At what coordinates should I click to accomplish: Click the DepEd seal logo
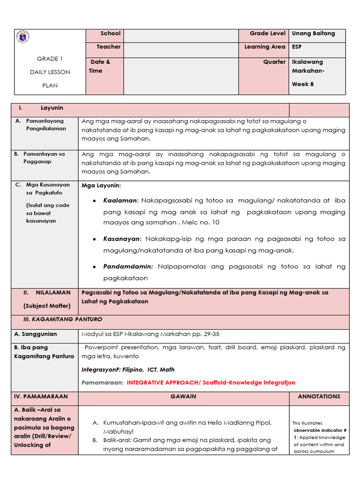(22, 37)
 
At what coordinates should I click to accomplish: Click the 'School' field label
(110, 34)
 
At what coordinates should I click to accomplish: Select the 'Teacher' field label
(108, 47)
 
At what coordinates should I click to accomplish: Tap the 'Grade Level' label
(267, 34)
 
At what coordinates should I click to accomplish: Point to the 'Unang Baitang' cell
(313, 34)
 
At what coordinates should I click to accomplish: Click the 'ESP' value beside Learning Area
(297, 47)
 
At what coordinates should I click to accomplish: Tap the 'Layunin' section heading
(52, 108)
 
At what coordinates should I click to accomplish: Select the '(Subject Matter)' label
(47, 306)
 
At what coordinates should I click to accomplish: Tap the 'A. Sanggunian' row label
(36, 334)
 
